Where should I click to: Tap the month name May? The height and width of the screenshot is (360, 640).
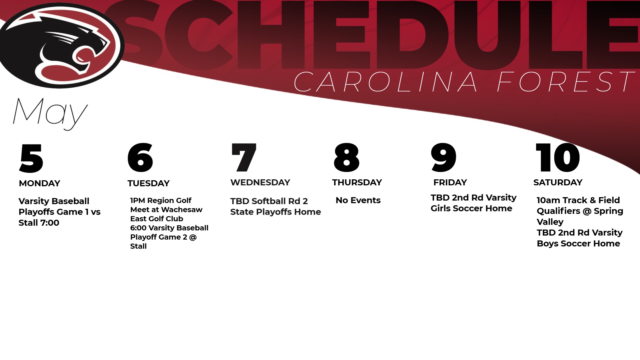[50, 114]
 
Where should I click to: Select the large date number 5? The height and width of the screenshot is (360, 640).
[31, 158]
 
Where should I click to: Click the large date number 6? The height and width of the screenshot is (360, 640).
[140, 157]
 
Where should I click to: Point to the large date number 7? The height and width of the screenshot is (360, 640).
[244, 157]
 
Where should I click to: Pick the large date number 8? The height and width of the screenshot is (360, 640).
[347, 157]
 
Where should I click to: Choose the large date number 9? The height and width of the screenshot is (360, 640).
[443, 157]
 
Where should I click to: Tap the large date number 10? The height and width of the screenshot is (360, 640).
[558, 157]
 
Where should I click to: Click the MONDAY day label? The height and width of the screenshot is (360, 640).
[40, 183]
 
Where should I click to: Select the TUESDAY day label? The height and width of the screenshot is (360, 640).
[149, 183]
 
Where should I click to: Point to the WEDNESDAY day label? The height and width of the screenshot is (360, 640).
[260, 182]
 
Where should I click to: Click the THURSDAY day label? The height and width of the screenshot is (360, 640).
[357, 182]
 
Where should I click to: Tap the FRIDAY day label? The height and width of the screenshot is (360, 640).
[450, 182]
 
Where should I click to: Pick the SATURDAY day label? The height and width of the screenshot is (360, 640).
[558, 182]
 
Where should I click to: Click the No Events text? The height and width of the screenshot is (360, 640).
[358, 200]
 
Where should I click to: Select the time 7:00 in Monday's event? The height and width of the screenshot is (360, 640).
[50, 223]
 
